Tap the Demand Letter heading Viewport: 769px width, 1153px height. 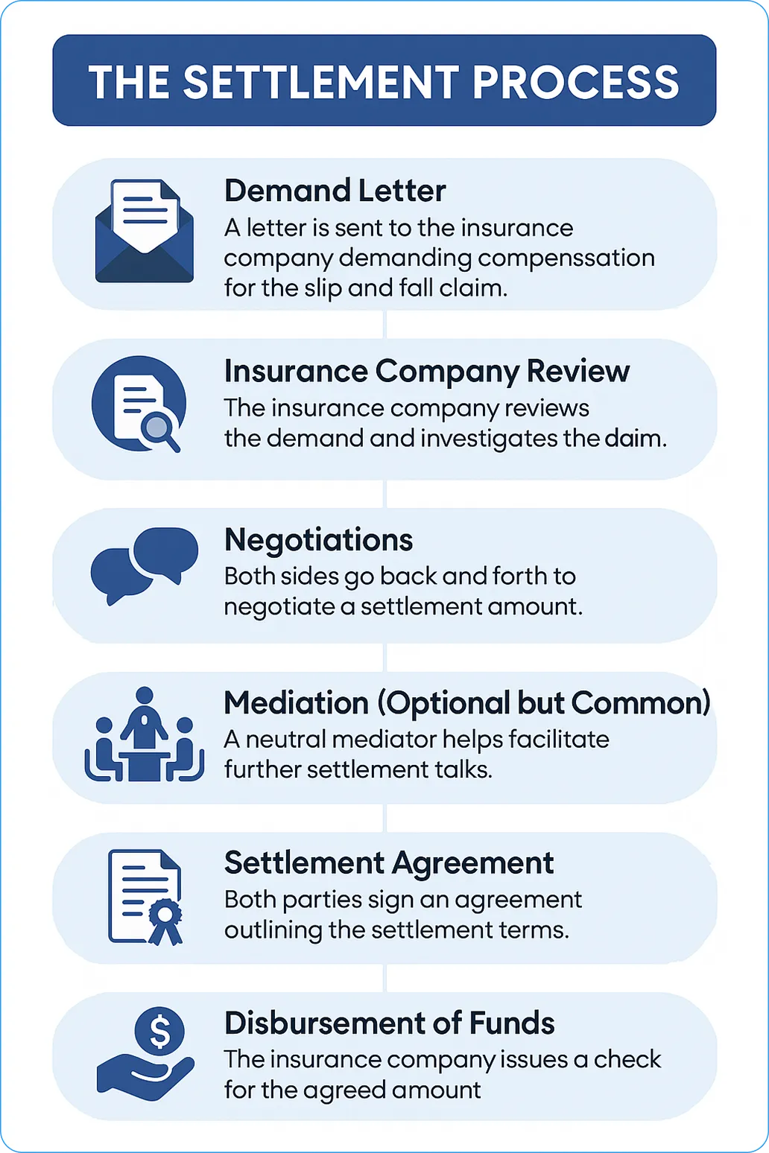(x=335, y=191)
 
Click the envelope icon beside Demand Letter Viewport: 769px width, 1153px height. (x=145, y=231)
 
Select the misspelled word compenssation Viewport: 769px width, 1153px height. (x=566, y=258)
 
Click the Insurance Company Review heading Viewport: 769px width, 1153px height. (x=427, y=371)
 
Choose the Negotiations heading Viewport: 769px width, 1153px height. (x=318, y=540)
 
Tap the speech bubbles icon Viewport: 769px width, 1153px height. (x=145, y=565)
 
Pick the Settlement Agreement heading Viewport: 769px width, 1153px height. (x=389, y=863)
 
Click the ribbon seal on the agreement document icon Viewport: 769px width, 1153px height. (x=165, y=921)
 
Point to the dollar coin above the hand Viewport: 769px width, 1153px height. (x=159, y=1032)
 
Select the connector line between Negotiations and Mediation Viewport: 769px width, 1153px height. (x=384, y=657)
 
